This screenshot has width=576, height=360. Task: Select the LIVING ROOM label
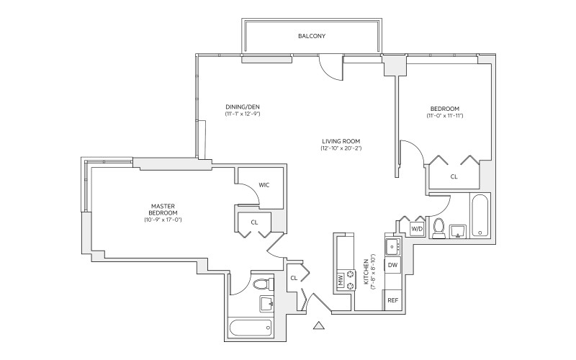(x=341, y=140)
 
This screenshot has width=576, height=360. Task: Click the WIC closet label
(x=264, y=184)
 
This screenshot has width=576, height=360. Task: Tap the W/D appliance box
(x=417, y=228)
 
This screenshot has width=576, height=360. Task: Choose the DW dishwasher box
(x=392, y=265)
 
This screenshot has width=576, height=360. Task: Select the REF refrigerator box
(x=392, y=300)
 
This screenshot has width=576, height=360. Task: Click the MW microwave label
(x=340, y=279)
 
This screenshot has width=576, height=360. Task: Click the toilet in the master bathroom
(x=263, y=283)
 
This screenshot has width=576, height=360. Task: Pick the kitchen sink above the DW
(x=392, y=247)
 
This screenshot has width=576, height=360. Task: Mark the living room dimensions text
(x=341, y=148)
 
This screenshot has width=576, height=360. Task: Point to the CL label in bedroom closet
(x=454, y=176)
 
